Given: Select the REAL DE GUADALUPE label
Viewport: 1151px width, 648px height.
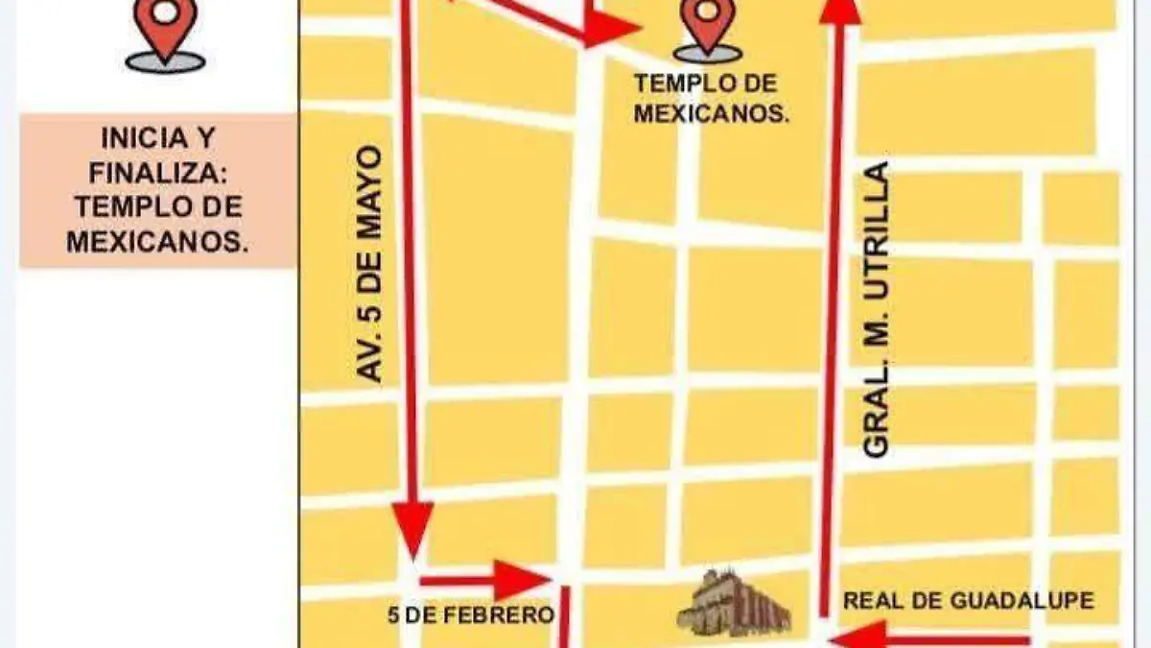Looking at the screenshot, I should (968, 602).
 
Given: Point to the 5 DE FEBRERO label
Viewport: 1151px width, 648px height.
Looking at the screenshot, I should (471, 614).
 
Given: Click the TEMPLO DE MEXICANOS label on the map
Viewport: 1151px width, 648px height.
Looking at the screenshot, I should (711, 99).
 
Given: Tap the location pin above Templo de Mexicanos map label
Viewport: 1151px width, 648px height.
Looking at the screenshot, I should (708, 27).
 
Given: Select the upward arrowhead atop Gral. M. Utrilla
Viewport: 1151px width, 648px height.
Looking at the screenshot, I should (841, 10).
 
